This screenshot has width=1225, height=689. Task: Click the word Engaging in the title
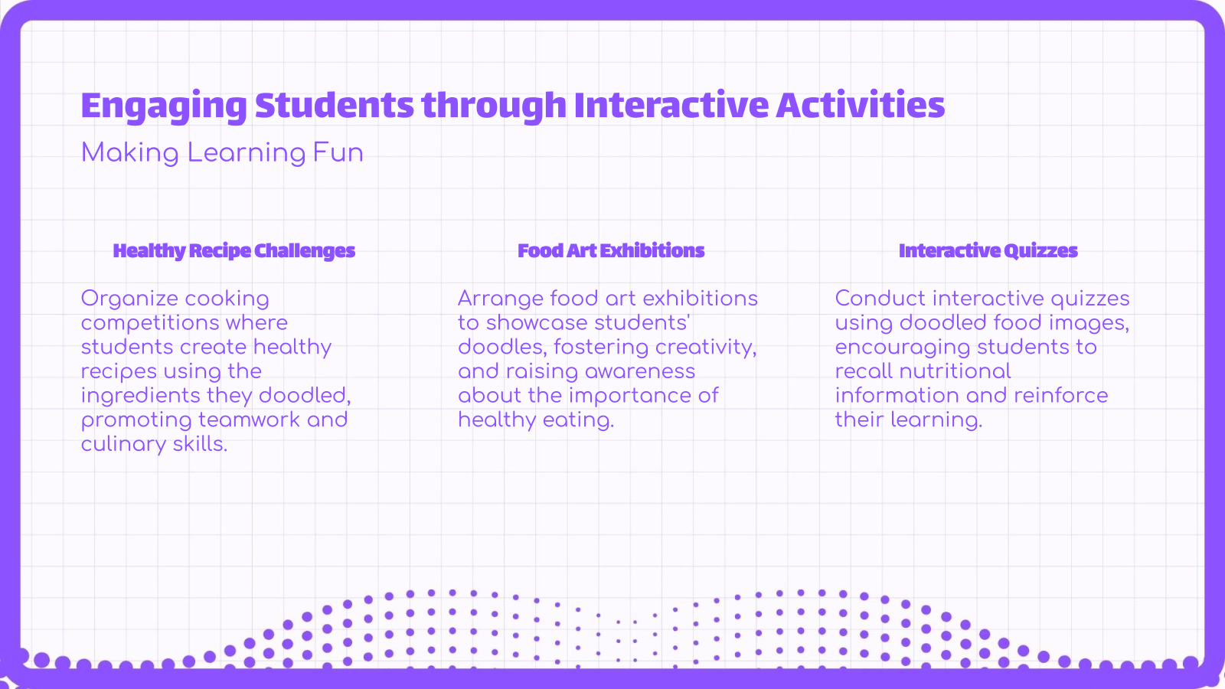[163, 106]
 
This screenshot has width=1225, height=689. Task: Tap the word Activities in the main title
[861, 106]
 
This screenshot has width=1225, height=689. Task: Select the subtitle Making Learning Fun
[222, 152]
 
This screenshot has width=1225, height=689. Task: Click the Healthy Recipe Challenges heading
[234, 251]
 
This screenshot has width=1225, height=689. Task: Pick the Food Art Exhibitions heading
[611, 251]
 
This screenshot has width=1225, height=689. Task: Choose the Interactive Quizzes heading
[988, 251]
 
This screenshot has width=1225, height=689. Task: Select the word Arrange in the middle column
[500, 299]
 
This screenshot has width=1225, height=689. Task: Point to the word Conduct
[880, 299]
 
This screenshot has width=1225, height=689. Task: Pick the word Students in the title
[334, 106]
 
